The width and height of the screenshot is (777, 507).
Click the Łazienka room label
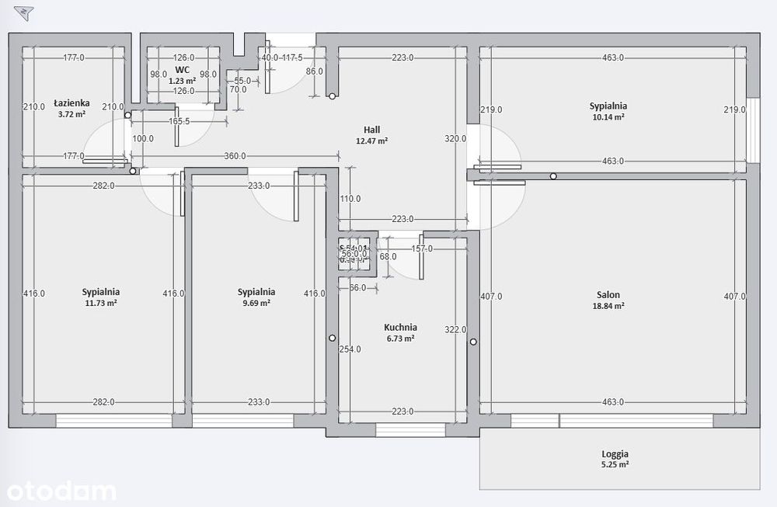(72, 102)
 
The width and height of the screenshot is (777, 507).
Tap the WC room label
(183, 69)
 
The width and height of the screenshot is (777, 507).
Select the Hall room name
(371, 130)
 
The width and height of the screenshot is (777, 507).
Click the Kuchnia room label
(401, 328)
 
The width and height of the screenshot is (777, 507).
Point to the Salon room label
(608, 294)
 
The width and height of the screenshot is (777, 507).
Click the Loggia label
(615, 454)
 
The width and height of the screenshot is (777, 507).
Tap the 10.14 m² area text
(608, 117)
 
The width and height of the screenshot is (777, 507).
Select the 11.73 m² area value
(101, 304)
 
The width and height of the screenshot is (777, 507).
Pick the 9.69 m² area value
(256, 304)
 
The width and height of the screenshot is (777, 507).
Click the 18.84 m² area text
(608, 306)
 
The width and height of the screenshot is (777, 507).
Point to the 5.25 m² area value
(615, 465)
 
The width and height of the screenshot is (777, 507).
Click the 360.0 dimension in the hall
(235, 156)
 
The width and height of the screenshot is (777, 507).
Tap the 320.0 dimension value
(455, 139)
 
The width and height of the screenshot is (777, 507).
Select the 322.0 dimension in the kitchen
(455, 330)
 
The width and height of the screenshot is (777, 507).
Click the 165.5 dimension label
(179, 121)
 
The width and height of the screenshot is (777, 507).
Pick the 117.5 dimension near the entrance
(292, 57)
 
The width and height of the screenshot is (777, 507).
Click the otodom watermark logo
(61, 491)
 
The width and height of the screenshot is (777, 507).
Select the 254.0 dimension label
(350, 349)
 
